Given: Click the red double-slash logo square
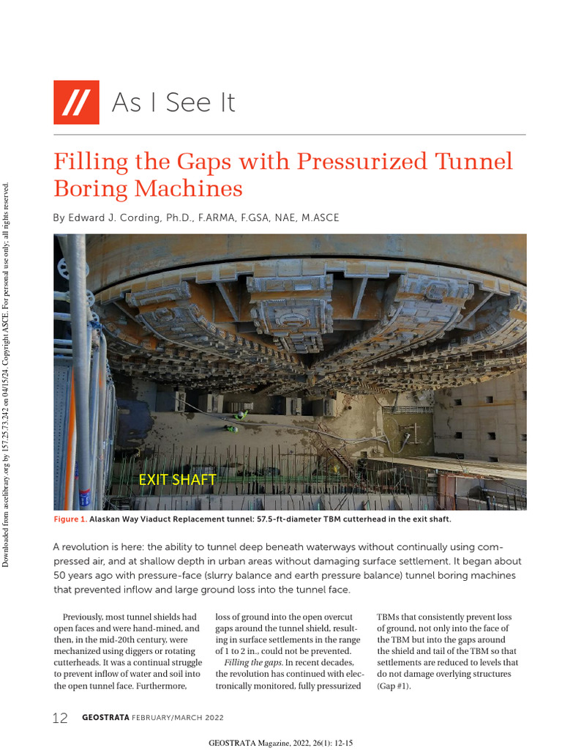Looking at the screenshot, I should pos(76,102).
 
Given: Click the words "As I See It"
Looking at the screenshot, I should pos(173,103).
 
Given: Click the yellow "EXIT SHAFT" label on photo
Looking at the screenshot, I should pos(177,480).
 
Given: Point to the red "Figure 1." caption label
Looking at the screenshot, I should pos(70,519).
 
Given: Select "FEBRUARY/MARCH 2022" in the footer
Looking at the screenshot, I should pos(178,718).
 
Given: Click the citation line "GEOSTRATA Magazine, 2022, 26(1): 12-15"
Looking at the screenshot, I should pos(281,743).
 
